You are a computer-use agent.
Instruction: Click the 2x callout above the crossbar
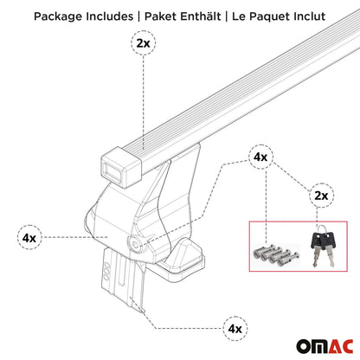142,42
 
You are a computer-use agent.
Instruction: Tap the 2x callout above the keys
321,196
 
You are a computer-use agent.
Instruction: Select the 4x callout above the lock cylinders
259,157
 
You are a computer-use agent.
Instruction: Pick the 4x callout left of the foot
29,237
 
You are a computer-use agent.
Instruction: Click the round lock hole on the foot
135,244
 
